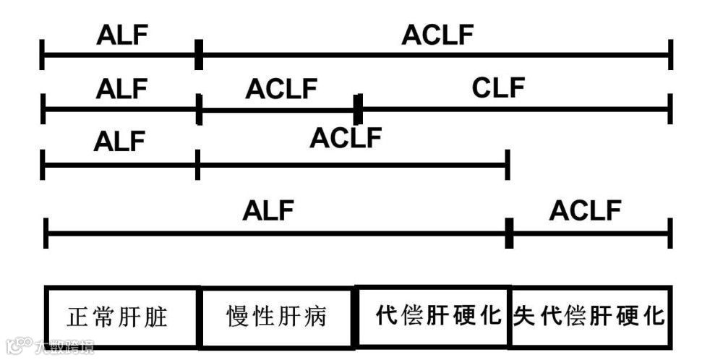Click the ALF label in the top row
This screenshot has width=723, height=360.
click(121, 35)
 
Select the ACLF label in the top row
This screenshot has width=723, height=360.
click(437, 35)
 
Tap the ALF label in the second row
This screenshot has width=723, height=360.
click(121, 89)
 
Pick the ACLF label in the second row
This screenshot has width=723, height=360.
click(281, 89)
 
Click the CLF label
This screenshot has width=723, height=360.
click(498, 88)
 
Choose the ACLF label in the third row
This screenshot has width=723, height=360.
click(346, 137)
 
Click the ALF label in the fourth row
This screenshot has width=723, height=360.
click(269, 211)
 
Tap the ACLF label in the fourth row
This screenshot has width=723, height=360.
click(585, 211)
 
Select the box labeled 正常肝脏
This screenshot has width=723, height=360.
click(121, 317)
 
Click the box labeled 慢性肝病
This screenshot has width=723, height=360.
click(277, 317)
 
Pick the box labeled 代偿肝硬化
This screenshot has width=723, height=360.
click(433, 316)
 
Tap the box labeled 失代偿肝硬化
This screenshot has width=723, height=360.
click(590, 316)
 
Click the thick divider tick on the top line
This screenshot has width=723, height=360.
click(199, 55)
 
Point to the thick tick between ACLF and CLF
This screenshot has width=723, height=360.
click(357, 109)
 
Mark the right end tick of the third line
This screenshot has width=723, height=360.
click(508, 165)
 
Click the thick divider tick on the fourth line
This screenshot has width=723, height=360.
click(509, 233)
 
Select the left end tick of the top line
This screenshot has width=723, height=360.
click(43, 55)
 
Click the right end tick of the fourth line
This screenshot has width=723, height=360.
click(671, 233)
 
